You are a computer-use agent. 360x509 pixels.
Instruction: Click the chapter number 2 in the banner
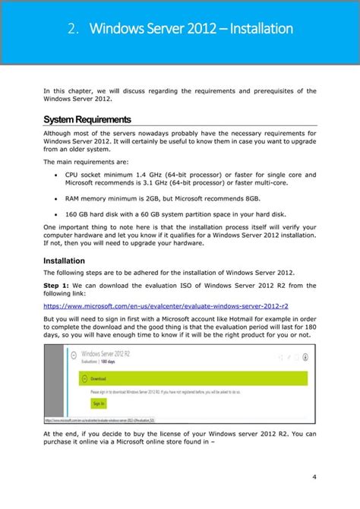pos(71,30)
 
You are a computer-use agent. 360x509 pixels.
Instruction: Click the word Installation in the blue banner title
pos(257,30)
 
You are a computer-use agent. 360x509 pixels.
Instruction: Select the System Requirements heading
pos(87,119)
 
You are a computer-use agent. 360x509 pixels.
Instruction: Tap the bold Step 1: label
pos(60,285)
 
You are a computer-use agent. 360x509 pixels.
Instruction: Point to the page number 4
pos(314,476)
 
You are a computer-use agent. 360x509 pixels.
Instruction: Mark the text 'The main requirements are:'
pos(86,162)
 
